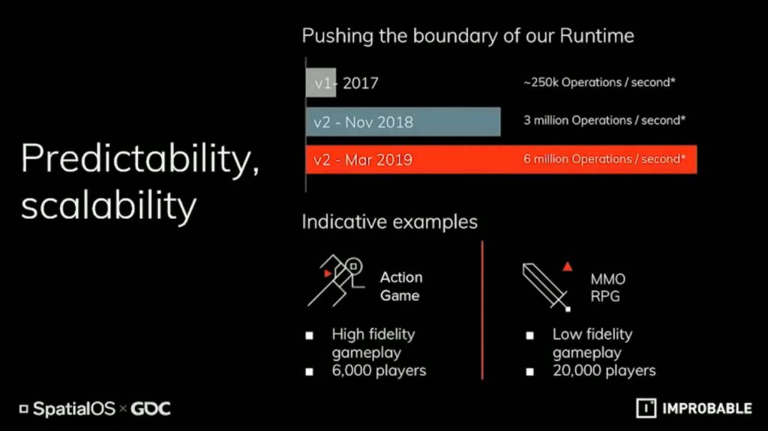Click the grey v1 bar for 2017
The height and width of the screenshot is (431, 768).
pos(321,82)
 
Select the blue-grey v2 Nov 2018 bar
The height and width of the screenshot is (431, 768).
pos(403,121)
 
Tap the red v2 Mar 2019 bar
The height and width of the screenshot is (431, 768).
pos(501,159)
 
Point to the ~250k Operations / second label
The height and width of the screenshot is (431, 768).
pos(599,82)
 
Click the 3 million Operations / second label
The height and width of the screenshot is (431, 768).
pos(604,121)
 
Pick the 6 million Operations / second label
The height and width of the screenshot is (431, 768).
pos(604,159)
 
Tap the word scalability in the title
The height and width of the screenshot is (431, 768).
pos(109,205)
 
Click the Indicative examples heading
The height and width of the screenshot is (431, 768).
pos(389,222)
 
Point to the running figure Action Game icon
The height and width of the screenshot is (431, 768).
pos(336,280)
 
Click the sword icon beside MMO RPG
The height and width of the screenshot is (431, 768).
pos(546,286)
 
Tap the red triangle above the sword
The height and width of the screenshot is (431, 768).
pos(567,266)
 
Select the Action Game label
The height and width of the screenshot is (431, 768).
pos(401,286)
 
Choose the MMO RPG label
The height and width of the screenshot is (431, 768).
pos(607,288)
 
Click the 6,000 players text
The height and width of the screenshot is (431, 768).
pos(379,371)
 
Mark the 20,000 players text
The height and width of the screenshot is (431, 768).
pos(604,371)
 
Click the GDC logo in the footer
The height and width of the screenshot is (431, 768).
pos(150,409)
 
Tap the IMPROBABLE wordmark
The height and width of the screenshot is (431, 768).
pos(706,409)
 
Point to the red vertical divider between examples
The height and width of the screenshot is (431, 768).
pos(482,310)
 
